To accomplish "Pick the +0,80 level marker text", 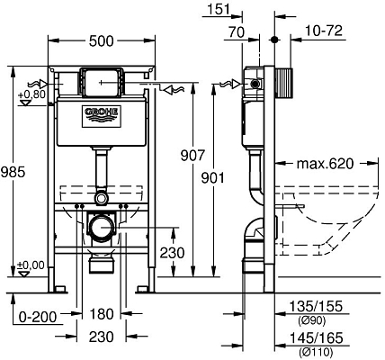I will (31, 93).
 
